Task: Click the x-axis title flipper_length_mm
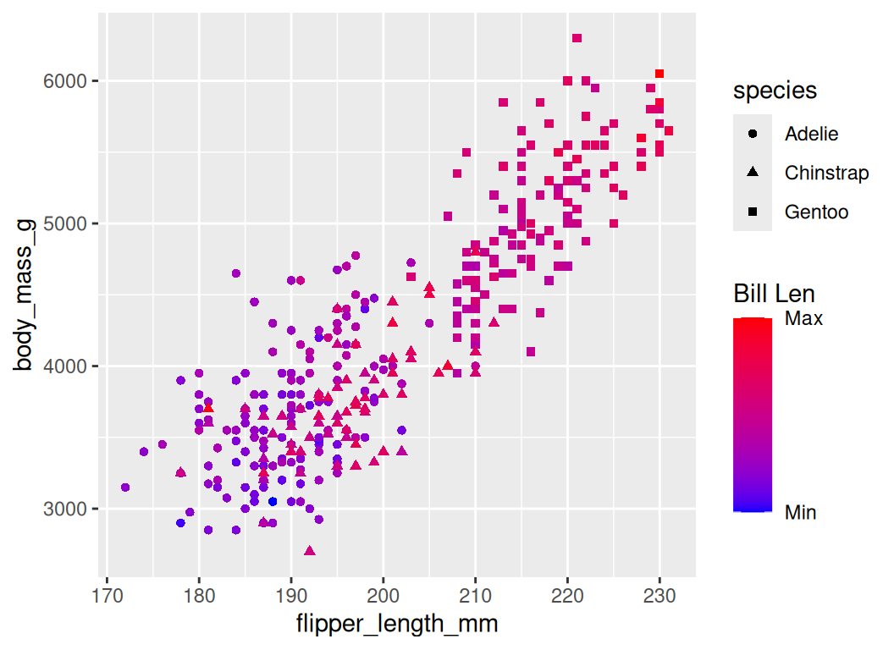click(x=397, y=625)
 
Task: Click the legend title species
click(x=775, y=90)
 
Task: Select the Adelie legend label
click(x=811, y=134)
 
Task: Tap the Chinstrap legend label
click(x=826, y=173)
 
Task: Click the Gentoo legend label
click(x=816, y=212)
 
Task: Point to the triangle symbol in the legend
click(x=753, y=173)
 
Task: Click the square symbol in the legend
click(x=753, y=212)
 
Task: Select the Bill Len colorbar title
click(x=774, y=294)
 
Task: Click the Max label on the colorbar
click(x=803, y=319)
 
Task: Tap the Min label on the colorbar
click(x=801, y=512)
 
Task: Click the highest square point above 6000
click(x=577, y=38)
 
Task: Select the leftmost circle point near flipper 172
click(x=125, y=487)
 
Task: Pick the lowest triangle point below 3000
click(x=310, y=550)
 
